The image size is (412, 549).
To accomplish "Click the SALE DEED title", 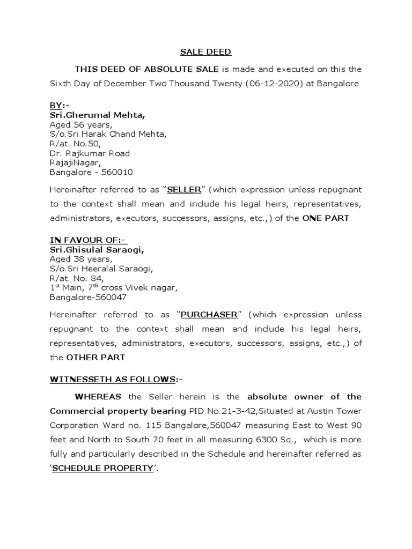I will [x=205, y=52].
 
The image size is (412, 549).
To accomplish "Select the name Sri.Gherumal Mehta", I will [x=97, y=115].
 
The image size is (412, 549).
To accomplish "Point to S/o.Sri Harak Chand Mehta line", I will [x=108, y=134].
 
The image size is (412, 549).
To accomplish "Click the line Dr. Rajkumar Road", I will [x=90, y=153].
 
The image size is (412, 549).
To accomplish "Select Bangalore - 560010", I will [x=91, y=173].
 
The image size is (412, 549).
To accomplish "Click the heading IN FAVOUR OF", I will [x=88, y=240].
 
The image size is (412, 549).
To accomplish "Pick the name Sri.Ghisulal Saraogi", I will [x=97, y=249].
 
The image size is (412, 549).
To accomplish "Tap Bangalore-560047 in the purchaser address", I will [x=89, y=298].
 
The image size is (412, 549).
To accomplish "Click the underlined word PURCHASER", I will [x=201, y=315].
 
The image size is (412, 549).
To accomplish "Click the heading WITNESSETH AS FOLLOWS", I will [x=114, y=380].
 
